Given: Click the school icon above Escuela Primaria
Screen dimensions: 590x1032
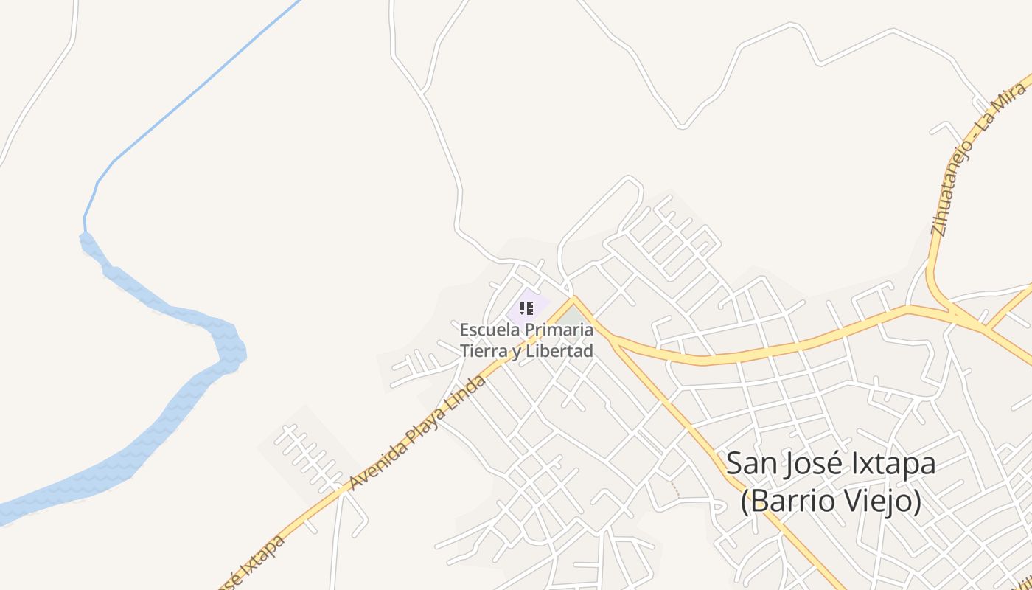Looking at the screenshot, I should pyautogui.click(x=526, y=308).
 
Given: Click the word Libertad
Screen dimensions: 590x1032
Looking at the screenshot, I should pyautogui.click(x=559, y=351).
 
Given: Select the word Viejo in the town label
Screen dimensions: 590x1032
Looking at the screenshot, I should pyautogui.click(x=885, y=502).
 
